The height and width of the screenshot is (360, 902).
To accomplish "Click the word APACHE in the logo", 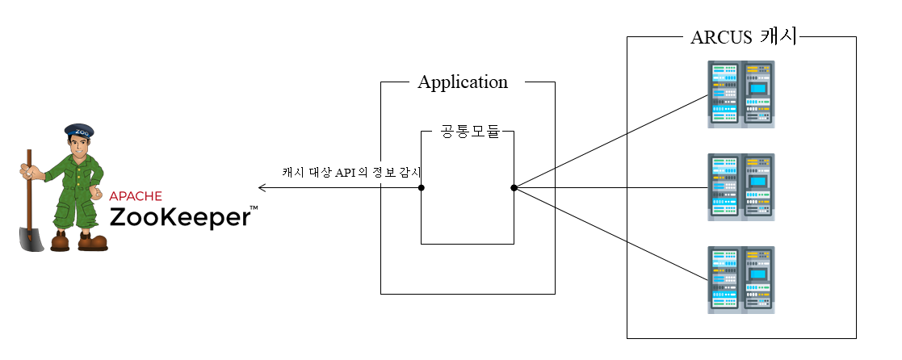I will pyautogui.click(x=136, y=195).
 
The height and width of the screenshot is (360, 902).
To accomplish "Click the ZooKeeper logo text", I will pyautogui.click(x=178, y=217).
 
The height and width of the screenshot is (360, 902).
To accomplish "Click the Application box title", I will pyautogui.click(x=463, y=82).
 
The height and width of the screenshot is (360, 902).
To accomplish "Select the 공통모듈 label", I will pyautogui.click(x=468, y=132).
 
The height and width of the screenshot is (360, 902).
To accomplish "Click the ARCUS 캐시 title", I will pyautogui.click(x=743, y=38).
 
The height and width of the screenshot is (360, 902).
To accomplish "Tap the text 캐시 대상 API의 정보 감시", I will pyautogui.click(x=352, y=171).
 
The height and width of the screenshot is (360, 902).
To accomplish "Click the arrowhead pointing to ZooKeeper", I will pyautogui.click(x=261, y=188).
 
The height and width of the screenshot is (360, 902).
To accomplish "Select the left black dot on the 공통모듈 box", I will pyautogui.click(x=422, y=188).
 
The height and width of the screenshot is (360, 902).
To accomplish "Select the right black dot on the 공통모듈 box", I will pyautogui.click(x=514, y=188).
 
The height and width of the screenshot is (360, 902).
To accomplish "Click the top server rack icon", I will pyautogui.click(x=741, y=94).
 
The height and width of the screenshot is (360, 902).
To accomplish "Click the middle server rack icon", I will pyautogui.click(x=741, y=187).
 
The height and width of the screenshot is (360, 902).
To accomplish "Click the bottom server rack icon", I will pyautogui.click(x=741, y=280).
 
